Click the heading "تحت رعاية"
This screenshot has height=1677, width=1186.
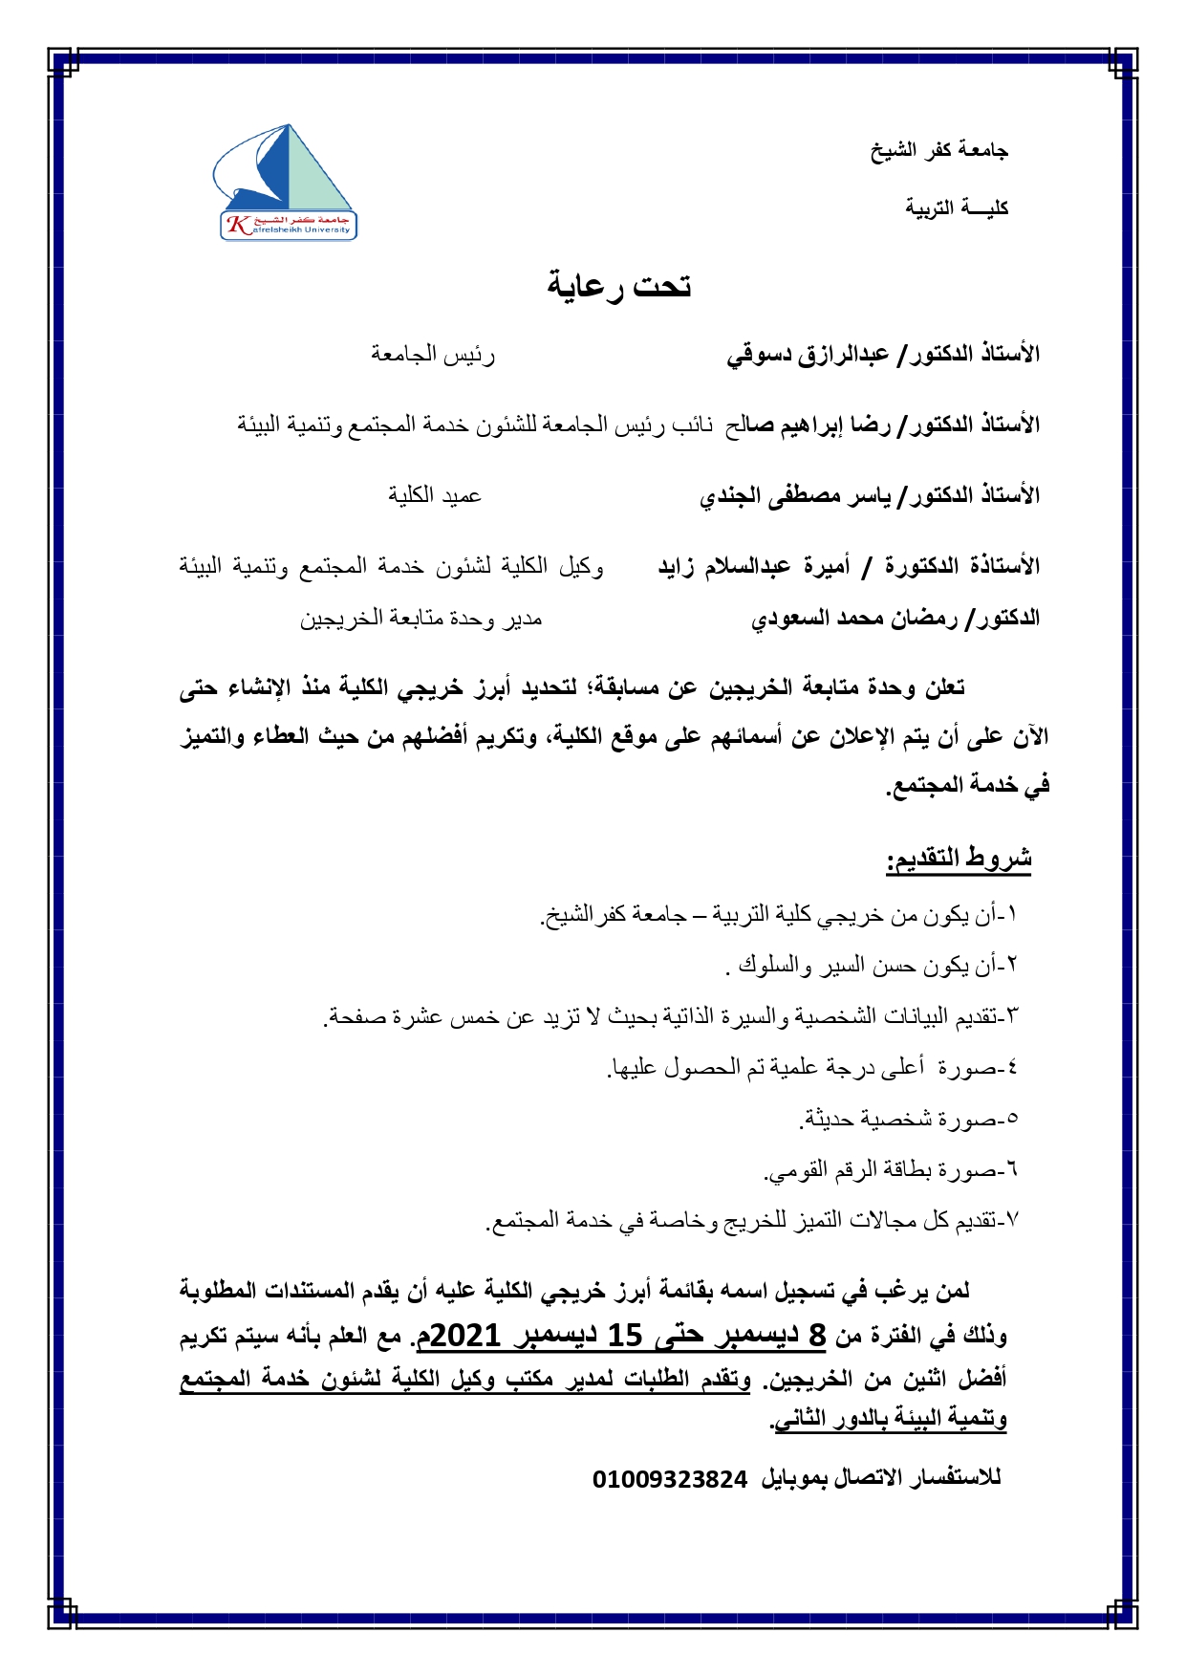point(619,285)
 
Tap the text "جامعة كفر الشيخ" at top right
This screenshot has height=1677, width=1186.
point(938,150)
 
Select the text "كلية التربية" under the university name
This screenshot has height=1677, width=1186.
point(957,207)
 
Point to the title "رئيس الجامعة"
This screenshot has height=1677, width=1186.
point(433,355)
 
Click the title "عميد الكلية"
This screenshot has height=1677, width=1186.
point(435,495)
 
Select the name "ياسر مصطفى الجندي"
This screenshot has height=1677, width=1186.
point(794,495)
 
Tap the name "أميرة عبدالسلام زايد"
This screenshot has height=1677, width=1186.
point(754,566)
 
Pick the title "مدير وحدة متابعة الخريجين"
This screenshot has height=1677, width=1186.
point(421,619)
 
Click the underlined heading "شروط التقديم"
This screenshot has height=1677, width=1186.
point(959,859)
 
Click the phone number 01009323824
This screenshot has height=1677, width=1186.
point(670,1479)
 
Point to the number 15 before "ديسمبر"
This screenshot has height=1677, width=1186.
point(625,1335)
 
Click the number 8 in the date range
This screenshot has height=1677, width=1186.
point(817,1335)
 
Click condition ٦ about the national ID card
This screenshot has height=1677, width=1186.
point(892,1169)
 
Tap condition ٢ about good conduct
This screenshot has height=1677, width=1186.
point(872,966)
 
